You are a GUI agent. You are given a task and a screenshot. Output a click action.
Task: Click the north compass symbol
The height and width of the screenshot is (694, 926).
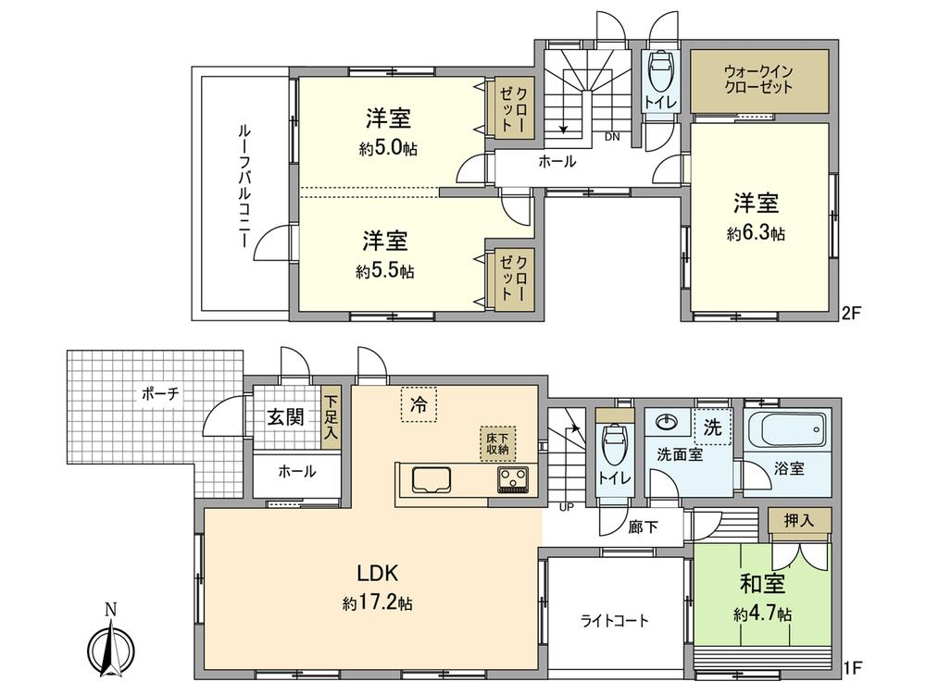[110, 644]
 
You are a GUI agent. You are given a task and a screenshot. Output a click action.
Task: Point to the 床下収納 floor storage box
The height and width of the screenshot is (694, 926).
[496, 443]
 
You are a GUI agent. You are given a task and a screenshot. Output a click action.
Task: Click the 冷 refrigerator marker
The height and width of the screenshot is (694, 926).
[418, 404]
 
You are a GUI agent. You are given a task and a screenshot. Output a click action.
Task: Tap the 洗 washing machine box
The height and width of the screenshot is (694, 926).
[712, 427]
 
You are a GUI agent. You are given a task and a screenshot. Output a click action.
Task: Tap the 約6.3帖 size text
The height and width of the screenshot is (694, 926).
[756, 235]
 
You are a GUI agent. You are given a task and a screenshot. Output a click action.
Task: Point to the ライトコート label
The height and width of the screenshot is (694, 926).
[615, 621]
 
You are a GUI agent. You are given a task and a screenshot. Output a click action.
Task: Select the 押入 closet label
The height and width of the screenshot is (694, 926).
[799, 521]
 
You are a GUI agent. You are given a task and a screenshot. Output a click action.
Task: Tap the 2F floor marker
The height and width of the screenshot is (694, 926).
[851, 313]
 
